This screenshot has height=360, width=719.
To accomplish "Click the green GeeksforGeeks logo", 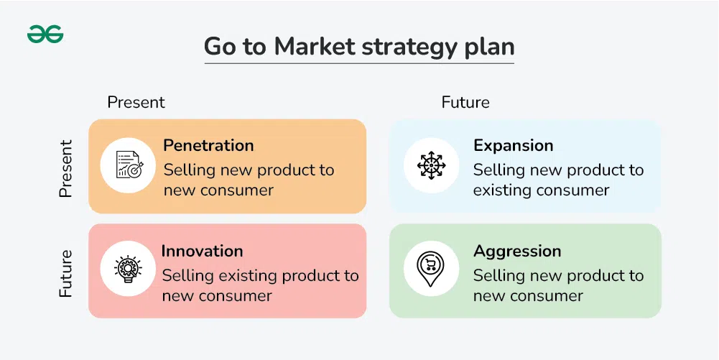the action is tap(45, 34).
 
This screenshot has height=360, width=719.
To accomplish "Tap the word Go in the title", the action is tap(220, 47).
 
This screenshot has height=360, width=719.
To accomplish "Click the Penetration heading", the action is tap(208, 145).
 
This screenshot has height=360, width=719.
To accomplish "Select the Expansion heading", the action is tap(513, 146).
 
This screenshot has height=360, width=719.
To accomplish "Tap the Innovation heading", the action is tap(203, 251).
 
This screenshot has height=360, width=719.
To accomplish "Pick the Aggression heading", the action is tap(517, 251).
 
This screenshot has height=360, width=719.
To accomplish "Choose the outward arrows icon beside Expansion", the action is tap(431, 165).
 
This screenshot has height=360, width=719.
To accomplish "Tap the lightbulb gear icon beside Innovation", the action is tap(128, 269).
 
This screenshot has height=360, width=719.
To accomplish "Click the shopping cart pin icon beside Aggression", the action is tap(430, 269).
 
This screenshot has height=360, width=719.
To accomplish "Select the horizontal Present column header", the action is tap(136, 102).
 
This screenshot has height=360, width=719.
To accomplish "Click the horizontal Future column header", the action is tap(465, 102).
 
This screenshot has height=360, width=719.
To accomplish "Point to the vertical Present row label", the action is tap(66, 169).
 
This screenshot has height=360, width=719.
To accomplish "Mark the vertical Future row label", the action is tap(66, 273).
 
